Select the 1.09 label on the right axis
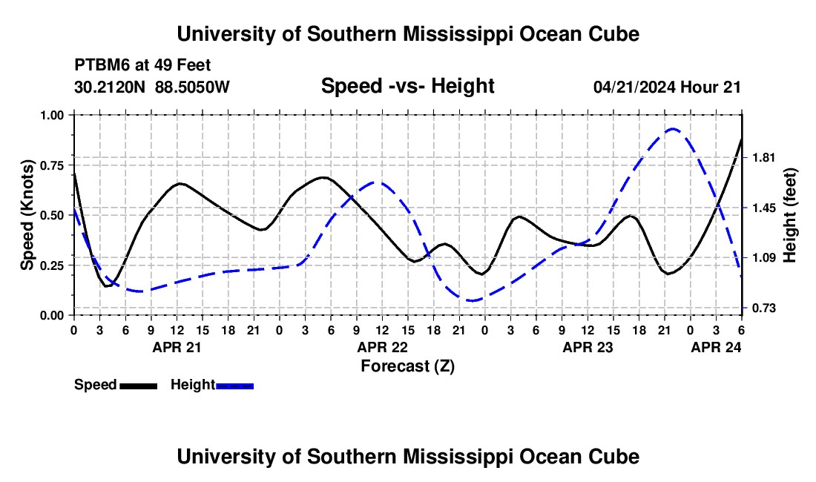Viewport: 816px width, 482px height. pyautogui.click(x=763, y=258)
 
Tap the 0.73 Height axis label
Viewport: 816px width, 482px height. pyautogui.click(x=763, y=308)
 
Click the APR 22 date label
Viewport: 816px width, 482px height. pyautogui.click(x=383, y=347)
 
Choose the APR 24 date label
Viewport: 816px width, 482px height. pyautogui.click(x=716, y=347)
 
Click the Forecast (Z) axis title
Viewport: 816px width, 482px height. pyautogui.click(x=408, y=366)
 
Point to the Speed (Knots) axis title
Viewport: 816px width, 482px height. pyautogui.click(x=27, y=215)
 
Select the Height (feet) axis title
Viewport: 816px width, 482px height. pyautogui.click(x=789, y=215)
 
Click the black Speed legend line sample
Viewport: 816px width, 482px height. pyautogui.click(x=139, y=386)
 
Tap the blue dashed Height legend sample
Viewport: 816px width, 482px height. pyautogui.click(x=234, y=386)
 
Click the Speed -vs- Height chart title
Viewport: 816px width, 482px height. pyautogui.click(x=408, y=86)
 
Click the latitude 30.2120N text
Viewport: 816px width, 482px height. pyautogui.click(x=110, y=87)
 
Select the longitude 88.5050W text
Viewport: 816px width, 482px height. pyautogui.click(x=193, y=87)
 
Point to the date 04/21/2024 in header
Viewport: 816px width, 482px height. pyautogui.click(x=635, y=87)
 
